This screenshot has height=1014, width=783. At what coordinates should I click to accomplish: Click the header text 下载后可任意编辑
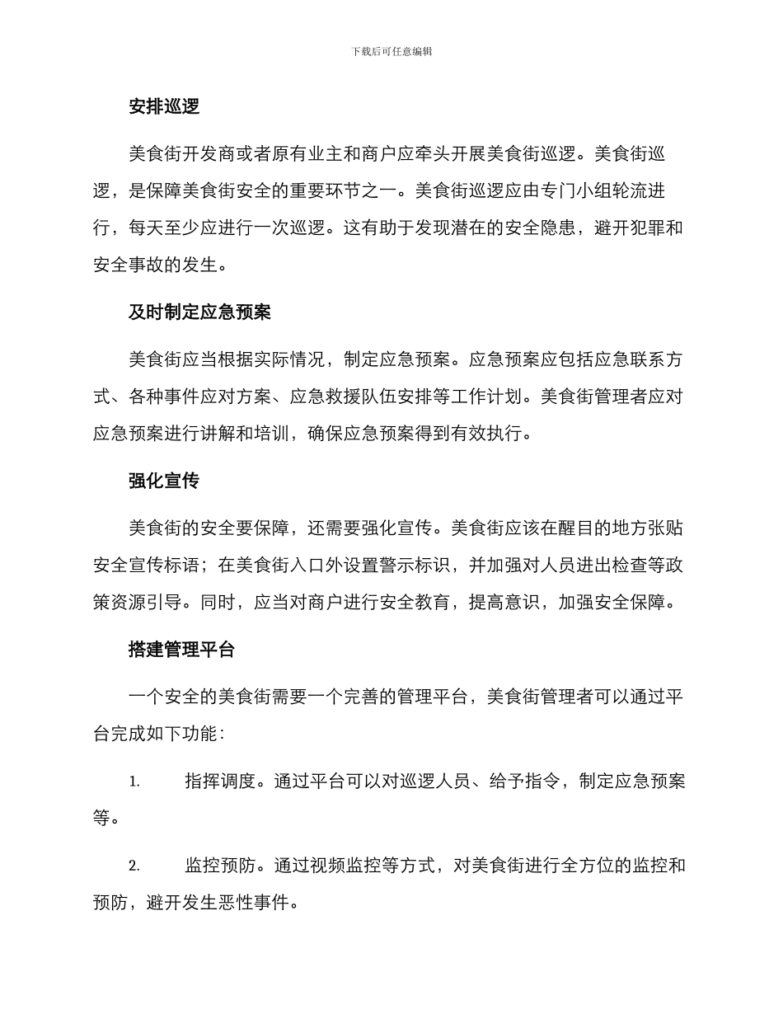click(391, 51)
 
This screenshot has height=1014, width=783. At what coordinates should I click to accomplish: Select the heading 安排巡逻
click(164, 107)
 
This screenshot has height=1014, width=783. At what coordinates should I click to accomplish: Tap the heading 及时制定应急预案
click(200, 313)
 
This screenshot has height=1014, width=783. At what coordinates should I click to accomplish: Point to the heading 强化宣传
click(164, 481)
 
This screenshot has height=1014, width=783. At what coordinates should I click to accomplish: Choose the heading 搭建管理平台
click(182, 650)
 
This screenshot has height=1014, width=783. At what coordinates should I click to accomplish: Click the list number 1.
click(134, 782)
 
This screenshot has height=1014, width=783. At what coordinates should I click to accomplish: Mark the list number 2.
click(134, 866)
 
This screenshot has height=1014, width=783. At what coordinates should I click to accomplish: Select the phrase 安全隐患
click(541, 228)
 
